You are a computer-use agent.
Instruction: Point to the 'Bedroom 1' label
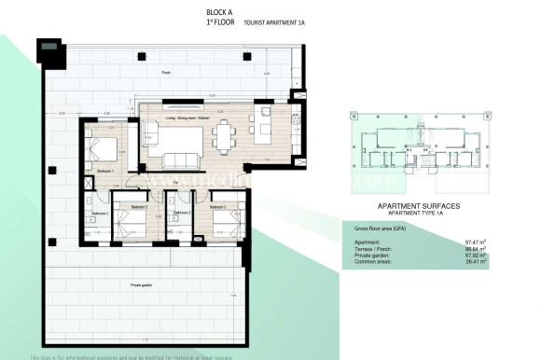click(x=104, y=171)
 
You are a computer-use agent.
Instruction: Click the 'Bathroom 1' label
click(x=100, y=214)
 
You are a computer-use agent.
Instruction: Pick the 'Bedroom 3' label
click(x=217, y=206)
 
